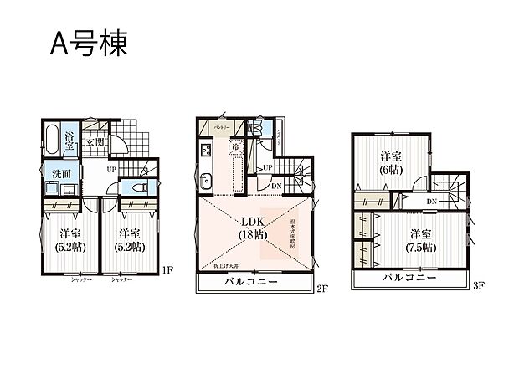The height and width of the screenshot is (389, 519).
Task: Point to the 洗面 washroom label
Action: pyautogui.click(x=50, y=177)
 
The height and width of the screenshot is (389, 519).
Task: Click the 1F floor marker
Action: pyautogui.click(x=167, y=269)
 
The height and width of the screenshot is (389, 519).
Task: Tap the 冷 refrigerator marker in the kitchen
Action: pyautogui.click(x=239, y=147)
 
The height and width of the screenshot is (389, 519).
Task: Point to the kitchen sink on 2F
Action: pyautogui.click(x=207, y=185)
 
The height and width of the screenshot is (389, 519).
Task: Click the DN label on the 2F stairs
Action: pyautogui.click(x=276, y=186)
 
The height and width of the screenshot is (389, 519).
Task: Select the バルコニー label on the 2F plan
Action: pyautogui.click(x=249, y=283)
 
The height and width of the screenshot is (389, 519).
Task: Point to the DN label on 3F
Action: pyautogui.click(x=430, y=202)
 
